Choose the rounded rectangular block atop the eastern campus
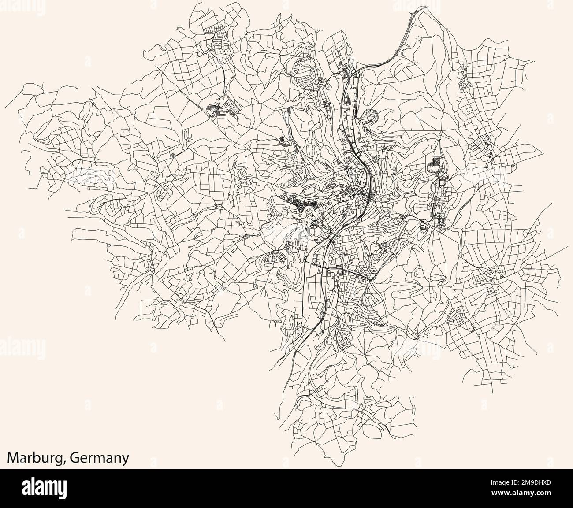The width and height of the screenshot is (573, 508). (x=435, y=167)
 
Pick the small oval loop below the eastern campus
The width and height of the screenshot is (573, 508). (x=424, y=227)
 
